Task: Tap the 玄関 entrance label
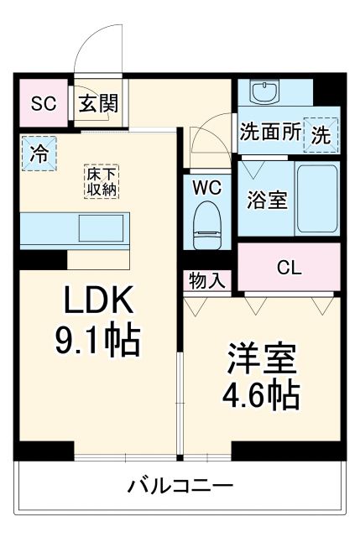pyautogui.click(x=99, y=104)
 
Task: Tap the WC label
pyautogui.click(x=206, y=187)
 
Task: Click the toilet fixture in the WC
pyautogui.click(x=206, y=225)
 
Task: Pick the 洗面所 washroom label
pyautogui.click(x=270, y=132)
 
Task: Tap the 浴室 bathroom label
pyautogui.click(x=266, y=201)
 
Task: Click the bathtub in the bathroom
pyautogui.click(x=318, y=199)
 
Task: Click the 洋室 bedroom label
pyautogui.click(x=261, y=358)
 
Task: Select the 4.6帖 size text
pyautogui.click(x=261, y=394)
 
